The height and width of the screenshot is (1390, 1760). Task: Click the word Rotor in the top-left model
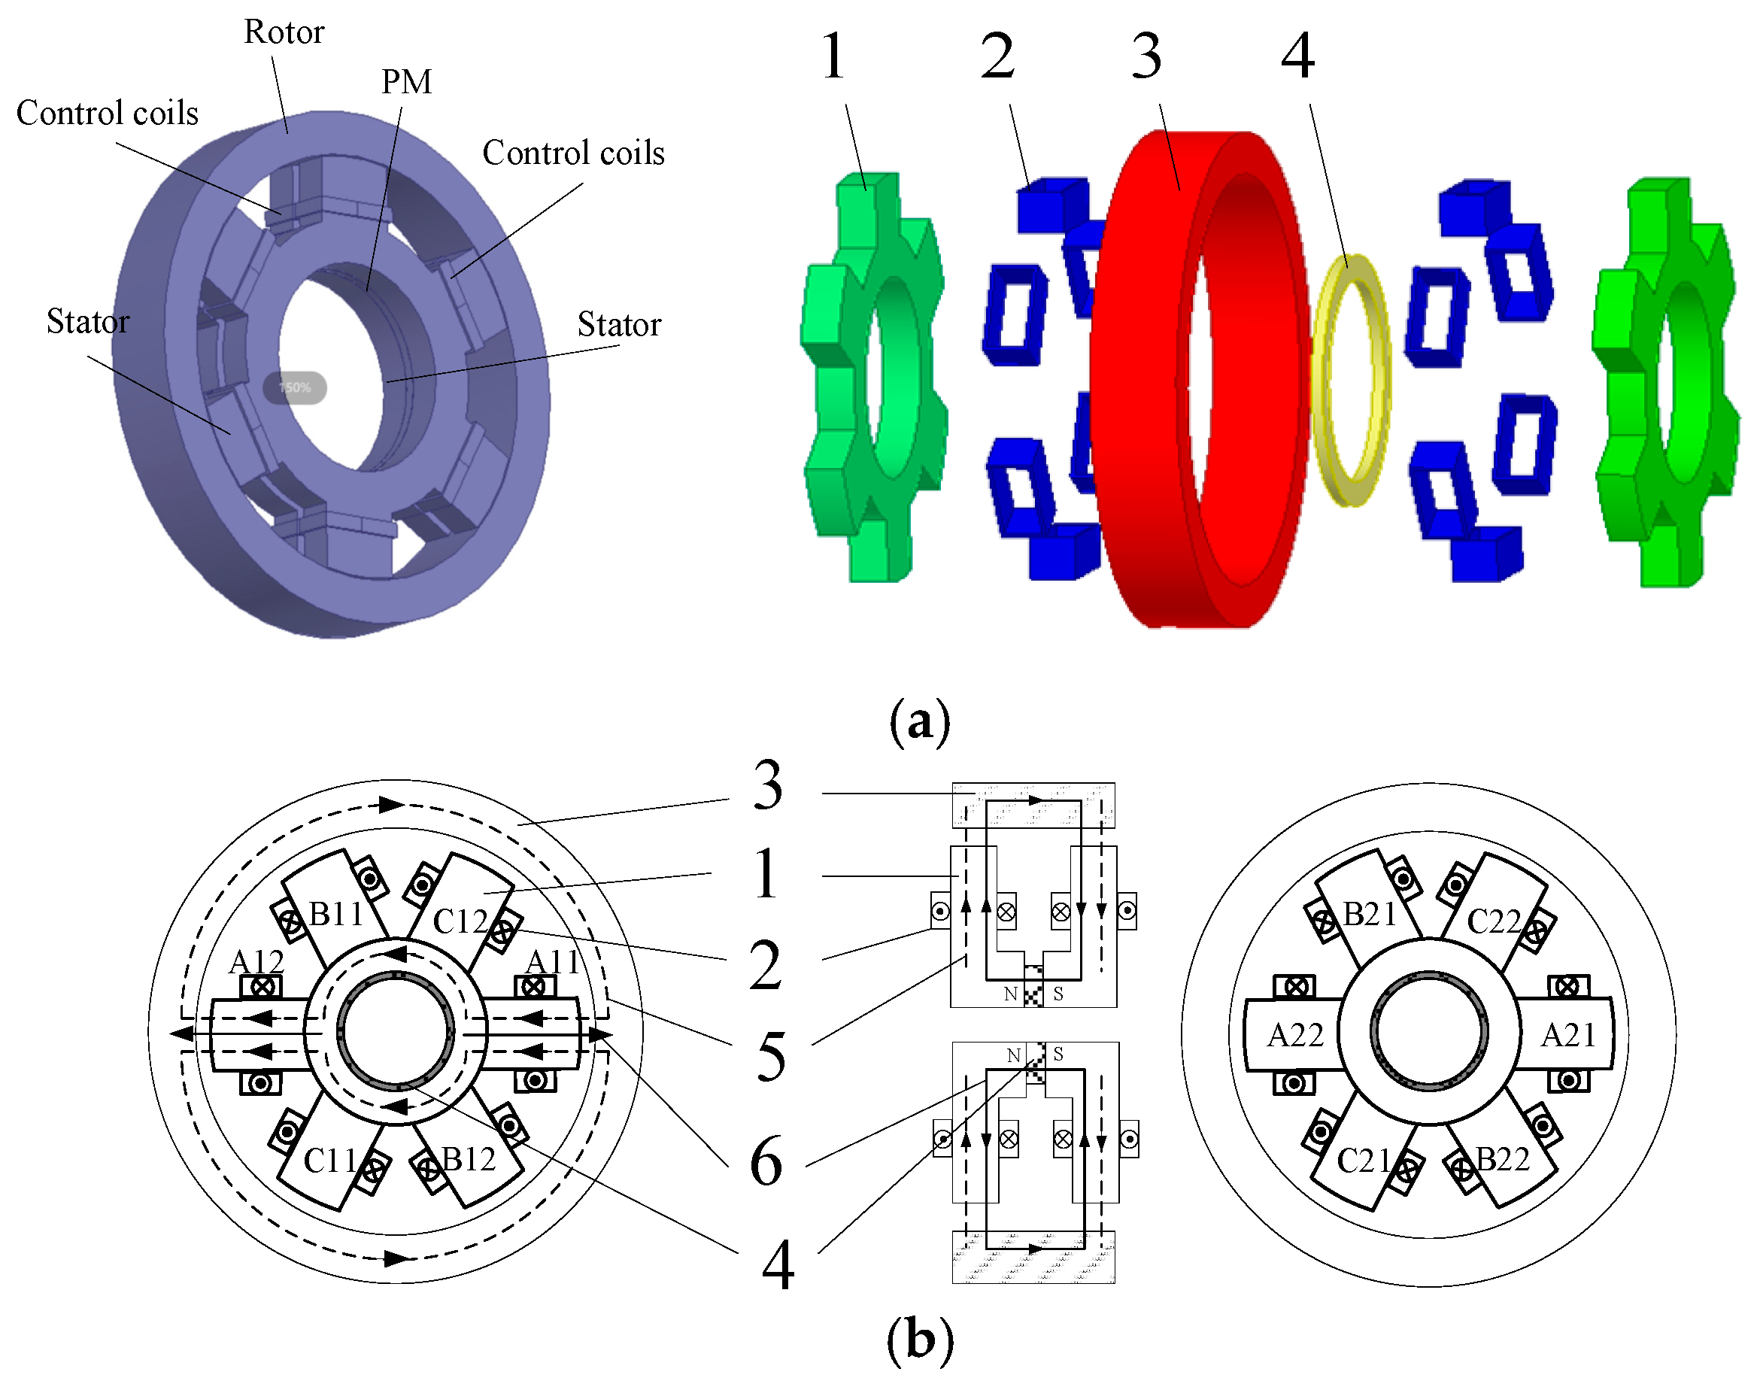point(284,32)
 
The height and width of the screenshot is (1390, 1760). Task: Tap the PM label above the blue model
point(406,81)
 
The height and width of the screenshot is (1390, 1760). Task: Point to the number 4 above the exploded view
point(1298,56)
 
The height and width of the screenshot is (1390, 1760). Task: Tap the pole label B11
point(335,914)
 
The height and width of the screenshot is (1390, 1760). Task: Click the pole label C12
point(460,921)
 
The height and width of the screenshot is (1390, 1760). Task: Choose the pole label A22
point(1295,1035)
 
